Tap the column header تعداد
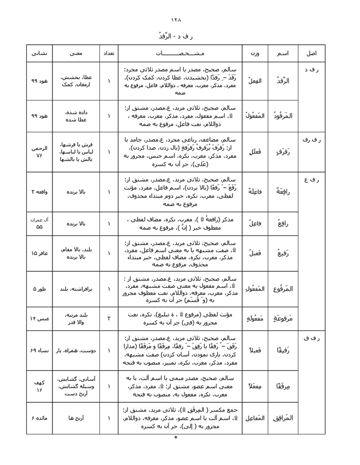click(x=109, y=53)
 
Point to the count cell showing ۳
click(x=109, y=319)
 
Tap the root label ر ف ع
click(x=311, y=179)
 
